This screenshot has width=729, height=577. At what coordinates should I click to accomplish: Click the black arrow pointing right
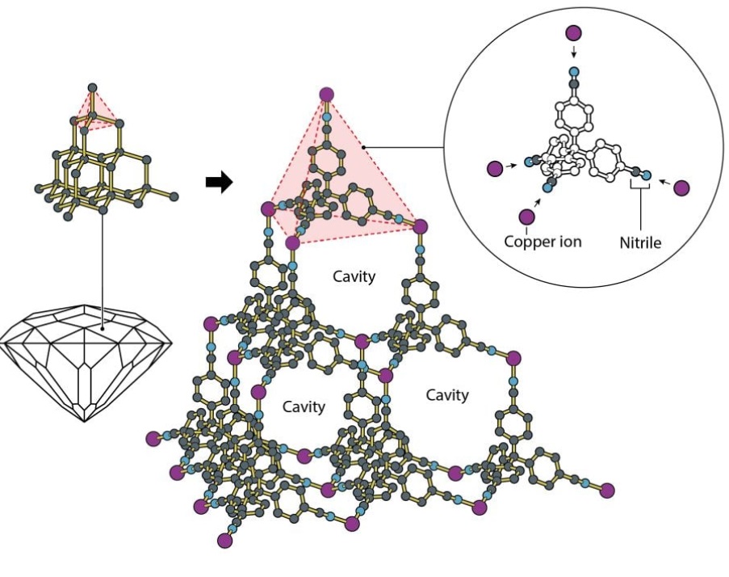point(219,183)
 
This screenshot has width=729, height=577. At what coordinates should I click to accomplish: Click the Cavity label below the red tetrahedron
point(354,276)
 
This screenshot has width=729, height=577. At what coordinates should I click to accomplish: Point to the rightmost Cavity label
point(446,395)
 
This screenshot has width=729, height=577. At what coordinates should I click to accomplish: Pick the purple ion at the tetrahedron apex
point(326,95)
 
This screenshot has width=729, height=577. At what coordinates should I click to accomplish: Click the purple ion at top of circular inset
point(573,33)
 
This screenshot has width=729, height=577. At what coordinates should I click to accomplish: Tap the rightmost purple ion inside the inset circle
point(682,188)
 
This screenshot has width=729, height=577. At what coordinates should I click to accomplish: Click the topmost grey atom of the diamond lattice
point(92,87)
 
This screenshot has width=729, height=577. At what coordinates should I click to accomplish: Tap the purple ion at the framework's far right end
point(607,489)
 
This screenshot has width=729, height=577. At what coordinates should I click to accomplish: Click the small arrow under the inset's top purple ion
point(573,53)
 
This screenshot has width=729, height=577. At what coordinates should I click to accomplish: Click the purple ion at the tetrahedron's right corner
point(419,225)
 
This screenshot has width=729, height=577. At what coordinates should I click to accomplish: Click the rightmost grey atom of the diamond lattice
point(174,196)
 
